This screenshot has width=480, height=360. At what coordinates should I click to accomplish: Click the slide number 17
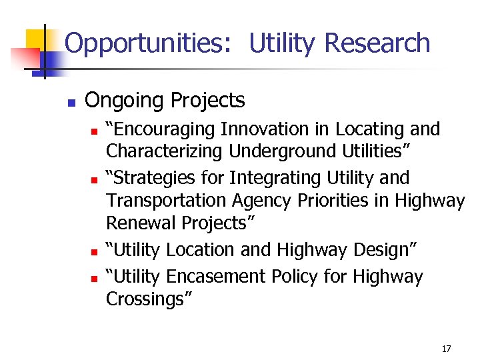[447, 349]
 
